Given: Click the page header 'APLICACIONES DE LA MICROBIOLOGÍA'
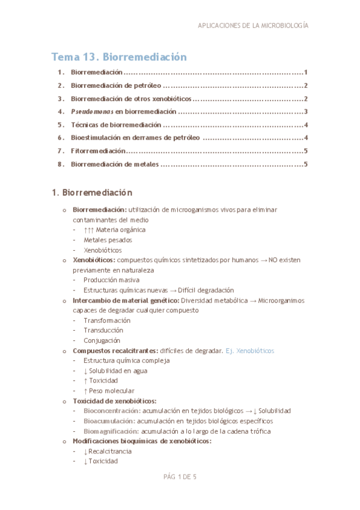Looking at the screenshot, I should pos(253,26).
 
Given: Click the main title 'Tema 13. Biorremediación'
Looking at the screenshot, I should pos(119,57).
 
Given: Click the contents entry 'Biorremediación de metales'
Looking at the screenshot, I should pos(114,164).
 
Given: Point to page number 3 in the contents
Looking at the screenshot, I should pos(306,111).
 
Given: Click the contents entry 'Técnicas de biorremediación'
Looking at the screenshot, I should pos(116,124).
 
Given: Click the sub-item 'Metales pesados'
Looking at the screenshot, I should pos(108,239).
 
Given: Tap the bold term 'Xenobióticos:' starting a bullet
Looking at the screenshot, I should pos(93,260).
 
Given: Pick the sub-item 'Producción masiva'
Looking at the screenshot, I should pos(112,280).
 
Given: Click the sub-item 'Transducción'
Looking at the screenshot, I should pos(103,330).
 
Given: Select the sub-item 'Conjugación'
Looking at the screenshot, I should pos(103,340).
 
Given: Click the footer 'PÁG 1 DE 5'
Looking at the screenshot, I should pos(180,477).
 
